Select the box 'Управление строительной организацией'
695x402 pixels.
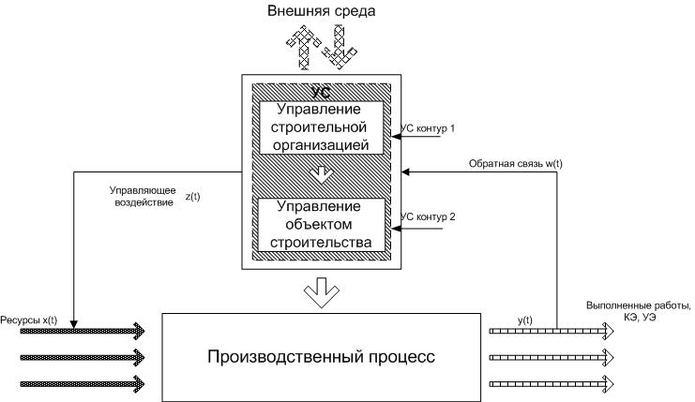coord(320,126)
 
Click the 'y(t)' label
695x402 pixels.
coord(527,320)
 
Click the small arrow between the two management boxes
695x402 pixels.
coord(320,173)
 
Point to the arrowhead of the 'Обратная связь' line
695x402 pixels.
coord(405,172)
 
